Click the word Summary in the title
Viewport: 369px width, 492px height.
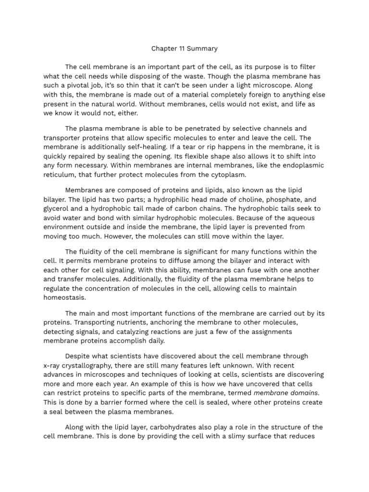pos(203,49)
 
